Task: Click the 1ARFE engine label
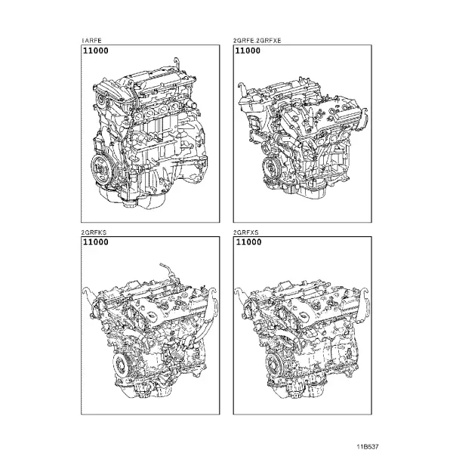91,41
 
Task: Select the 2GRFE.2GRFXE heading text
257,41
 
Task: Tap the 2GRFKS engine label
94,233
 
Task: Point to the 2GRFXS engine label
246,233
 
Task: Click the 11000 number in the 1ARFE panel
96,51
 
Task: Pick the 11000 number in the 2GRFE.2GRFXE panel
248,51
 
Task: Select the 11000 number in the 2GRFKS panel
96,242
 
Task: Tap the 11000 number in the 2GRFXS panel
248,242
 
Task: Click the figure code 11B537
368,446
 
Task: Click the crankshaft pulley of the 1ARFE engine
101,168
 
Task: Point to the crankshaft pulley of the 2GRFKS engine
121,365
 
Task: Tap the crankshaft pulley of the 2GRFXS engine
273,365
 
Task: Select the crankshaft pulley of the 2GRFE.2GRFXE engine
271,166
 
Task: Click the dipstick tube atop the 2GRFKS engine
168,270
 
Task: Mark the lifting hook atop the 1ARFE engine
177,64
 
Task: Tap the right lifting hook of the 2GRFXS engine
364,297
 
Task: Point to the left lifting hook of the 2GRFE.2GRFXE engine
242,88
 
